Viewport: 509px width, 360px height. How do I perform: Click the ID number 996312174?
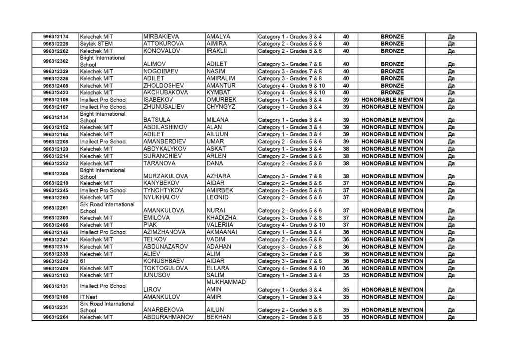click(x=55, y=37)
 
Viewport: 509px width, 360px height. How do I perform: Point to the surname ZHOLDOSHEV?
click(x=163, y=86)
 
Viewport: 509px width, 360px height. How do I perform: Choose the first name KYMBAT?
click(x=217, y=92)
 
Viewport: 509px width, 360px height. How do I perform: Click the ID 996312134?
click(x=55, y=117)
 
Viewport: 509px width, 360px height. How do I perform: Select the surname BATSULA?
click(x=156, y=120)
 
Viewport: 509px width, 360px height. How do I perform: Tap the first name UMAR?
click(x=214, y=142)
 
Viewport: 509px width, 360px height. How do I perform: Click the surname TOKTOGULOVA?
click(x=165, y=268)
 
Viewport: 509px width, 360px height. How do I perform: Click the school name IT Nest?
click(x=88, y=297)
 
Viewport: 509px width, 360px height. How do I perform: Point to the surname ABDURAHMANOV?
click(x=168, y=317)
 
